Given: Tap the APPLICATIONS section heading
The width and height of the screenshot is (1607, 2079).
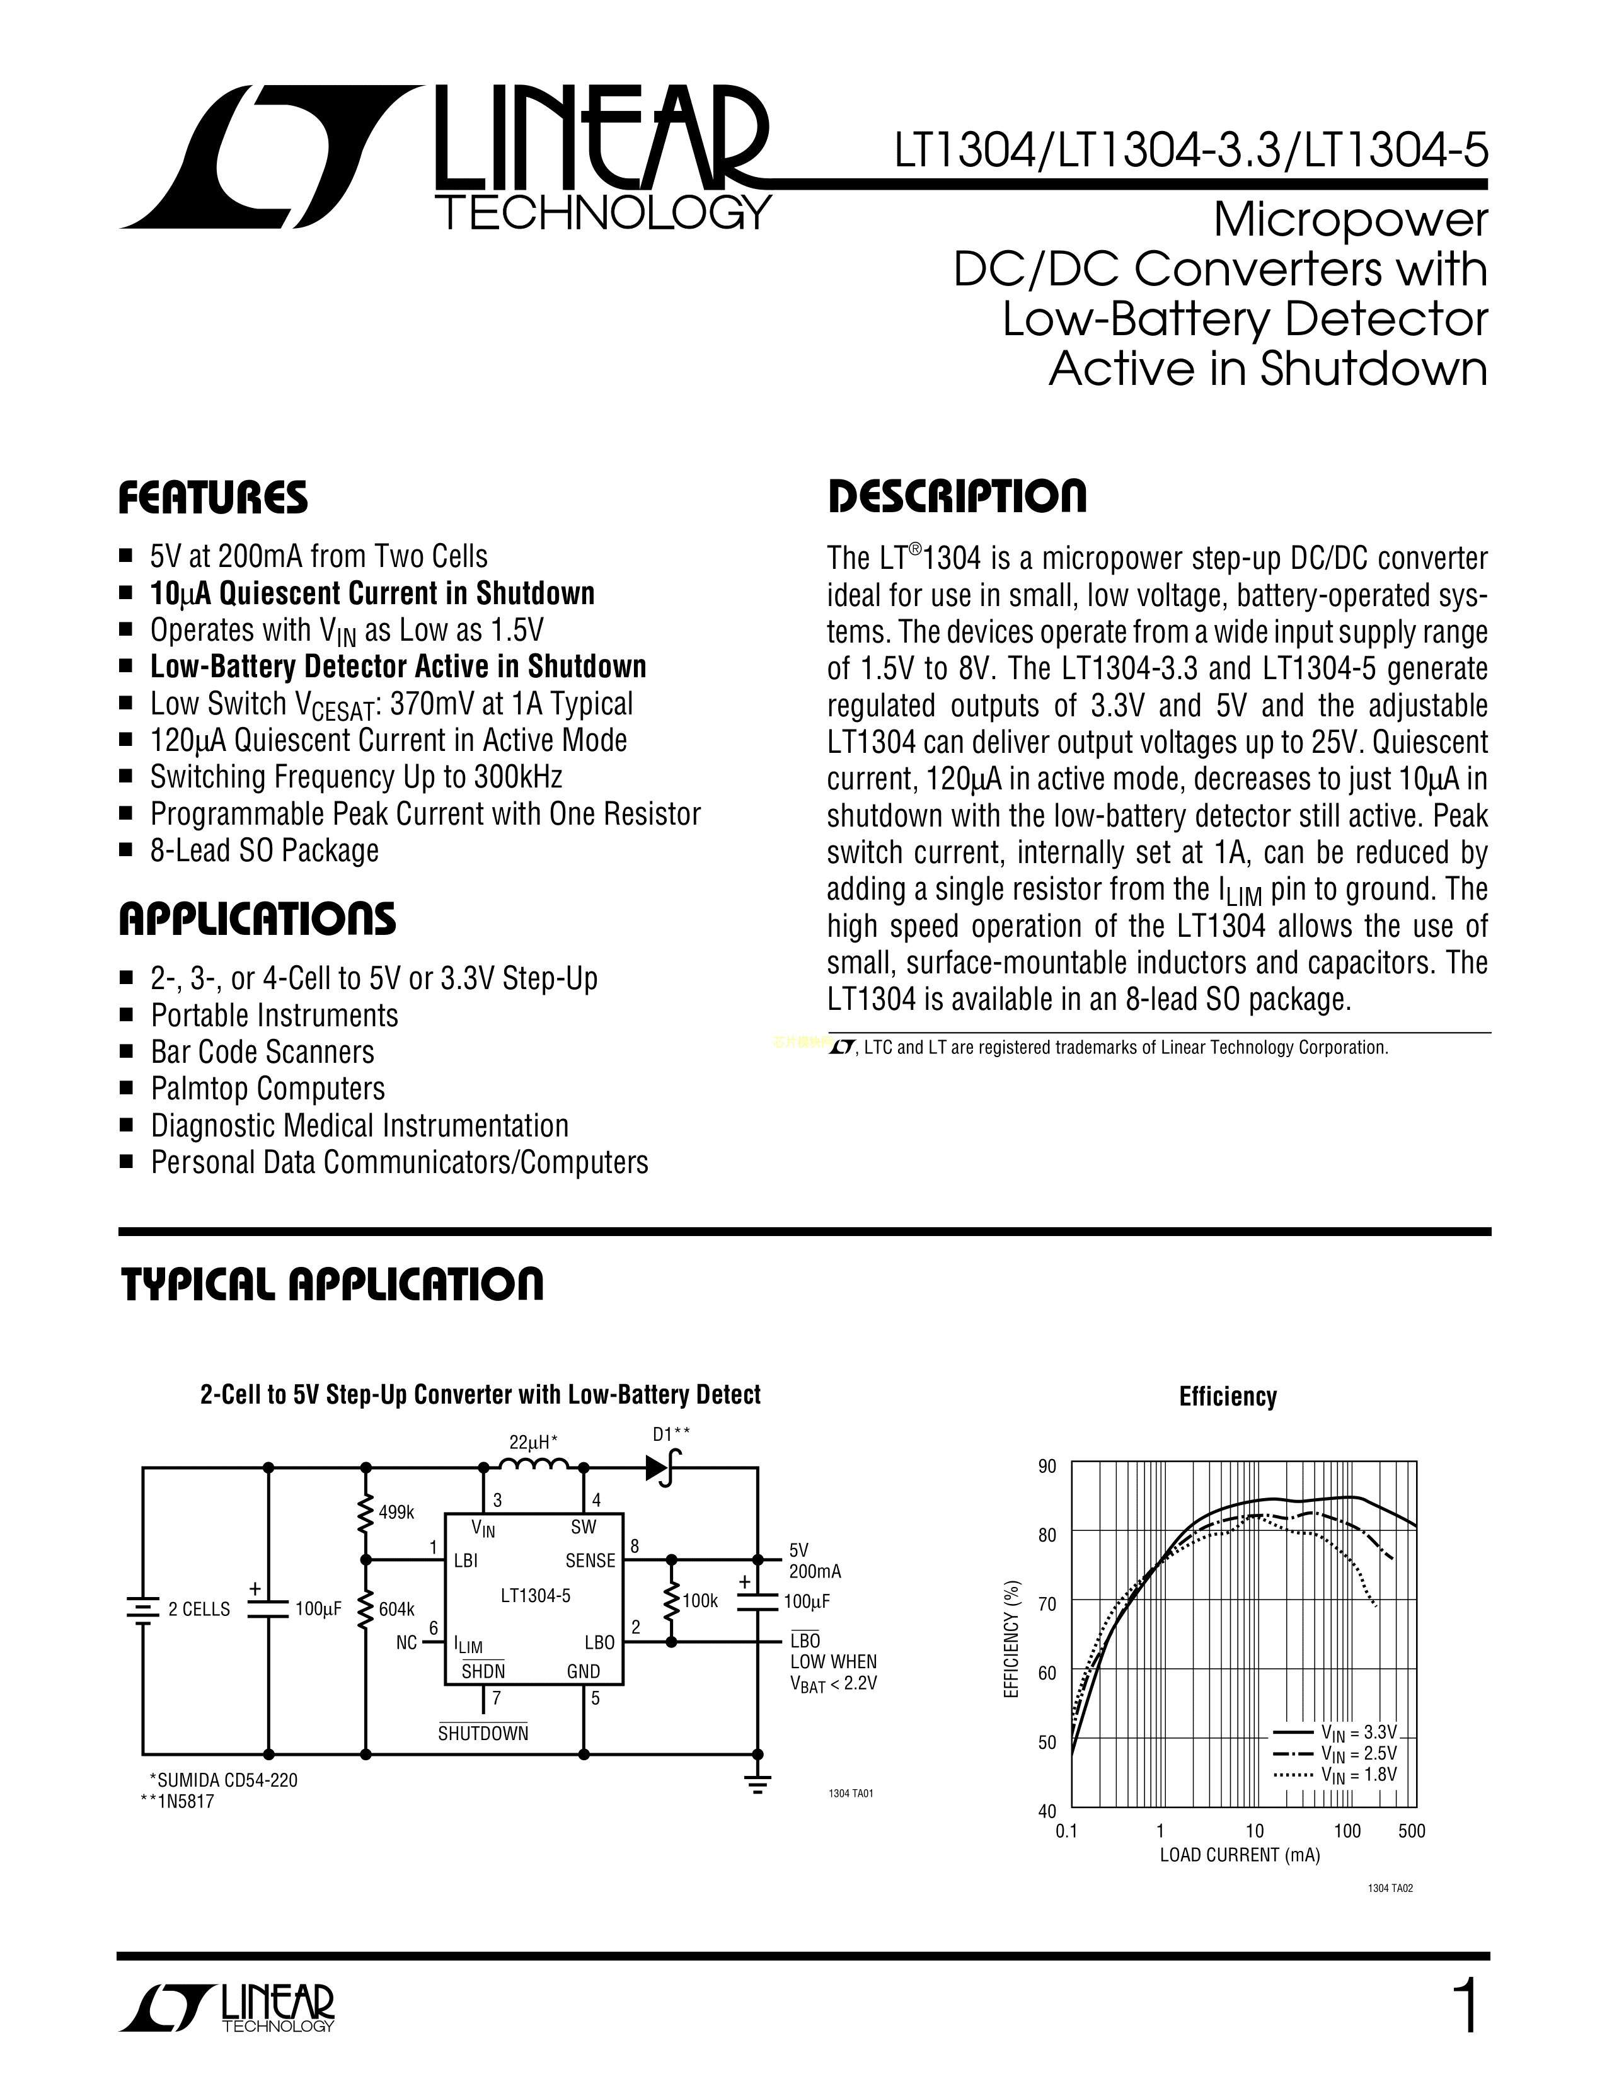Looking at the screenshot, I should (x=257, y=920).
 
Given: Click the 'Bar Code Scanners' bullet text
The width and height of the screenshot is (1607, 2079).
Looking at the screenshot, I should (x=263, y=1052).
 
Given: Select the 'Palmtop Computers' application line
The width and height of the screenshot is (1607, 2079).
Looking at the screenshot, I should (x=267, y=1089).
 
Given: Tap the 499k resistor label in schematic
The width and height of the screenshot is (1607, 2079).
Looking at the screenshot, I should (x=396, y=1511).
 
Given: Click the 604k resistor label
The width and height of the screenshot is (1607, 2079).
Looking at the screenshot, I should (x=396, y=1610).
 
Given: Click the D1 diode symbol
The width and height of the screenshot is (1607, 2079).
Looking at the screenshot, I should (x=660, y=1469).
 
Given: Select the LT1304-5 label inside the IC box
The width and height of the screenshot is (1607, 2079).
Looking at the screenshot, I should (x=535, y=1596).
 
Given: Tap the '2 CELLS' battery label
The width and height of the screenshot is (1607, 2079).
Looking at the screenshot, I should (x=199, y=1610).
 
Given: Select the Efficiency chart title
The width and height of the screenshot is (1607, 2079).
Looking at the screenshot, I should (x=1227, y=1397).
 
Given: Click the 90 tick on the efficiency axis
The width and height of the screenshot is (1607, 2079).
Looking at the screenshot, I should (x=1047, y=1467).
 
